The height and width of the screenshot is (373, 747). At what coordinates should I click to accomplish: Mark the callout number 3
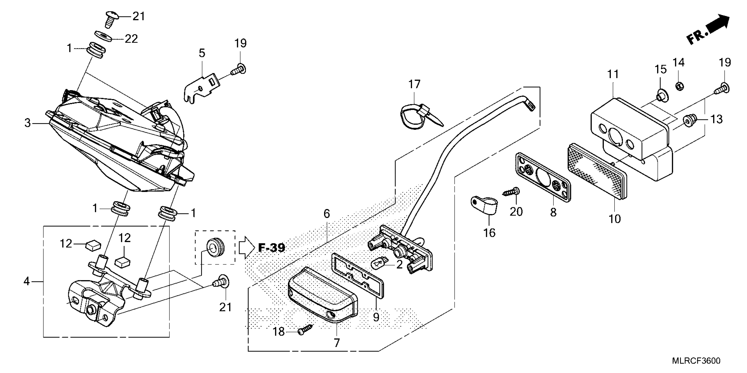tap(27, 123)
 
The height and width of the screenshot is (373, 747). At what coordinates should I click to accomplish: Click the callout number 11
tap(613, 74)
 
